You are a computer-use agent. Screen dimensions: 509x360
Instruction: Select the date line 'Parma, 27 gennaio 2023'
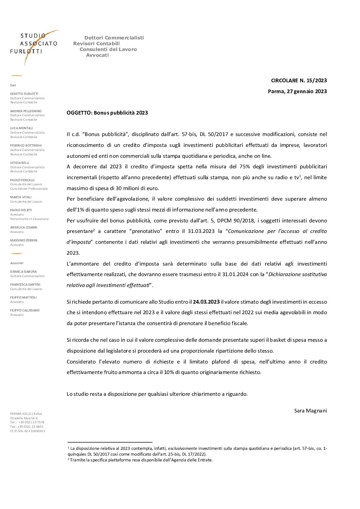pyautogui.click(x=298, y=91)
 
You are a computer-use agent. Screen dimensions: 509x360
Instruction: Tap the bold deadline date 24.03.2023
pyautogui.click(x=206, y=302)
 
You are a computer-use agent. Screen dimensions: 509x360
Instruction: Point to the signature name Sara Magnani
pyautogui.click(x=310, y=410)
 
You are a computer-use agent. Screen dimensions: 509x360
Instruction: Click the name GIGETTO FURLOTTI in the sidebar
pyautogui.click(x=24, y=94)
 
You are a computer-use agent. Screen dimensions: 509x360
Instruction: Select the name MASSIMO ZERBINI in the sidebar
pyautogui.click(x=24, y=240)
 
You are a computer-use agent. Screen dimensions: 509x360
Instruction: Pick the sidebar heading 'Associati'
pyautogui.click(x=17, y=263)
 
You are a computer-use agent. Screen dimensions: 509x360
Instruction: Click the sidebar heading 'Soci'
pyautogui.click(x=13, y=85)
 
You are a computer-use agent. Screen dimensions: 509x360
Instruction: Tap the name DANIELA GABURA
pyautogui.click(x=23, y=272)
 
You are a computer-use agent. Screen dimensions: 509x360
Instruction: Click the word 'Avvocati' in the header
pyautogui.click(x=97, y=55)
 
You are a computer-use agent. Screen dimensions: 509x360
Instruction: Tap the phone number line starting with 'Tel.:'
pyautogui.click(x=27, y=422)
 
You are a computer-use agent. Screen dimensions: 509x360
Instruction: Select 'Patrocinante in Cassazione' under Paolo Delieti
pyautogui.click(x=29, y=219)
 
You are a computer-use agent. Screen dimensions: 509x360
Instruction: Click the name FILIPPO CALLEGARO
pyautogui.click(x=25, y=310)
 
